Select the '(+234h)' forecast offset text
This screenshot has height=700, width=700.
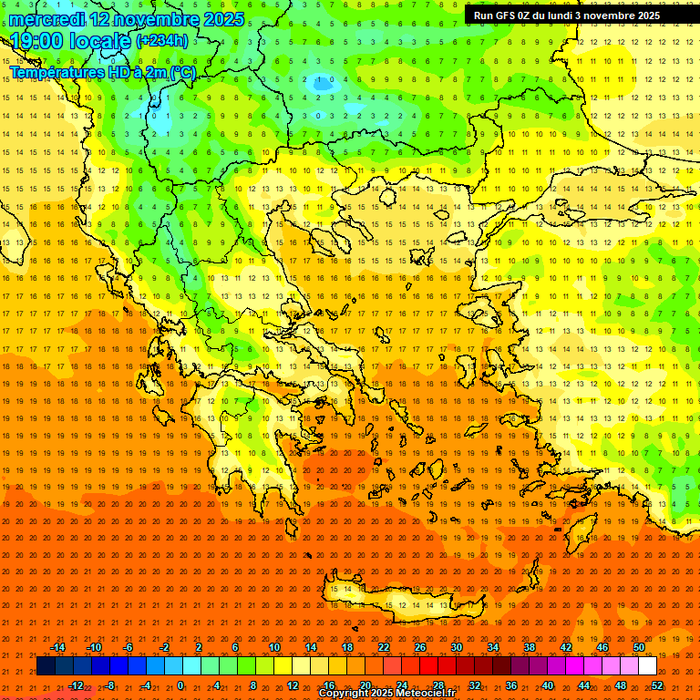pyautogui.click(x=162, y=41)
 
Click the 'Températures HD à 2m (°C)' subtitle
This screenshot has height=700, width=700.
pyautogui.click(x=102, y=72)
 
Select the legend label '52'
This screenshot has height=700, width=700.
pyautogui.click(x=656, y=685)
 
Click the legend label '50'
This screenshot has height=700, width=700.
pyautogui.click(x=638, y=647)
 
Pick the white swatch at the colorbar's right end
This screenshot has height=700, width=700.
pyautogui.click(x=647, y=666)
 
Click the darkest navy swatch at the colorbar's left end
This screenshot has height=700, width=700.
pyautogui.click(x=46, y=666)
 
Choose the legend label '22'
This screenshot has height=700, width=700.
pyautogui.click(x=384, y=647)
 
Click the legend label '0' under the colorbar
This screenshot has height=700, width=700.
pyautogui.click(x=180, y=685)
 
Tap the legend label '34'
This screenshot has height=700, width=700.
pyautogui.click(x=493, y=647)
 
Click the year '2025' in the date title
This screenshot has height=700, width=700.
pyautogui.click(x=223, y=19)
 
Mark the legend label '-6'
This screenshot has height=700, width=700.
pyautogui.click(x=129, y=647)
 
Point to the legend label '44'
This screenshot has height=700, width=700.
pyautogui.click(x=584, y=685)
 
